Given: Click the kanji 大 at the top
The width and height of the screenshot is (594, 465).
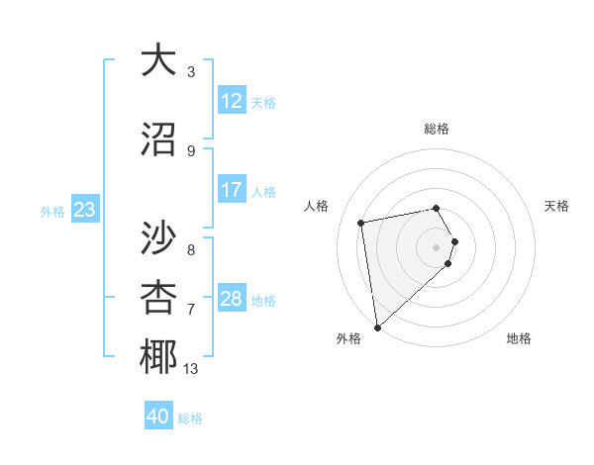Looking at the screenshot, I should point(158,60).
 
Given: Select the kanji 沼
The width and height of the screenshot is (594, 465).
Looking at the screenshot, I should point(158,139).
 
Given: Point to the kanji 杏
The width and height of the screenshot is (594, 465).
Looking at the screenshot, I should point(158,297).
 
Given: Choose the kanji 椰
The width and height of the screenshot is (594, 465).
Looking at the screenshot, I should point(158,357).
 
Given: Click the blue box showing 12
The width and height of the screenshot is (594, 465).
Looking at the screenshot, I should point(232,101).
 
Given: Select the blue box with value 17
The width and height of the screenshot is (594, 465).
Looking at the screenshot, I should point(232,190).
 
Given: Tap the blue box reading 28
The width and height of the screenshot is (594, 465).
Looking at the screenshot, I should point(232,299).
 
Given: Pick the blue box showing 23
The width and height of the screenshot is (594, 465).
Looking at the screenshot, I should point(84,210).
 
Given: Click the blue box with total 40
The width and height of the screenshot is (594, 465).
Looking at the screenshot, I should point(158,417).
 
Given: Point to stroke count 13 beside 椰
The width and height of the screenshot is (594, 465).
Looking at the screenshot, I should point(191,369).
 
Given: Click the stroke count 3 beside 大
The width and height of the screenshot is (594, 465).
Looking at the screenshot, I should point(191,72).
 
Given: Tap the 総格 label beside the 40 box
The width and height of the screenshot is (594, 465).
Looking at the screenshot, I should point(190,418).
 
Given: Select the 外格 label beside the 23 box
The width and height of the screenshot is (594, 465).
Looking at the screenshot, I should point(52,211).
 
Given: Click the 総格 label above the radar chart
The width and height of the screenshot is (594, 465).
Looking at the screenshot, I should point(437,129).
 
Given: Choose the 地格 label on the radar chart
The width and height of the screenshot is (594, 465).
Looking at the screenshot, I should point(519,338).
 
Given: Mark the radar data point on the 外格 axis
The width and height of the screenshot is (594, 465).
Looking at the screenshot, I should point(377,326).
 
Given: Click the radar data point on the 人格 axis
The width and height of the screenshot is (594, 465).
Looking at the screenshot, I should point(361,223).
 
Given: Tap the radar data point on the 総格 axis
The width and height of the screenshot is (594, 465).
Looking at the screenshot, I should point(437,208).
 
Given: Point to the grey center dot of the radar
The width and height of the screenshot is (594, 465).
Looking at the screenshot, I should point(437,246).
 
